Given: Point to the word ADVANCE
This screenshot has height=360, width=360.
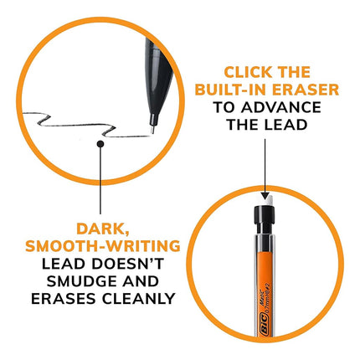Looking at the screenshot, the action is coord(281,107).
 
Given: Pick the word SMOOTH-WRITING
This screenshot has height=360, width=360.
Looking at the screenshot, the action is coord(103,246).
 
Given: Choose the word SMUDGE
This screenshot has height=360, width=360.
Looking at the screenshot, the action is coord(80,281).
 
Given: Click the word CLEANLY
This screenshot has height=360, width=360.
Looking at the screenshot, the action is coord(138,299).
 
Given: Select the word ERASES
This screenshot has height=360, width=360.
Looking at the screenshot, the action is coord(64,299).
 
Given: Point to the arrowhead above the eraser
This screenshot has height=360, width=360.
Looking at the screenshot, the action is coord(265,195).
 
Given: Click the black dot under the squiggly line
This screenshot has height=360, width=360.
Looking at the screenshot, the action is coord(100,144).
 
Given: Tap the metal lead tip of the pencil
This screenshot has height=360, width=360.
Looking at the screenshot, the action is coord(152,130).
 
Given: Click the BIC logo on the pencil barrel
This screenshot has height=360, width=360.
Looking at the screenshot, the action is coord(264,323).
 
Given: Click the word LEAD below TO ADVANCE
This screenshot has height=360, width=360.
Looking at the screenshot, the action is coord(286,125).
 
